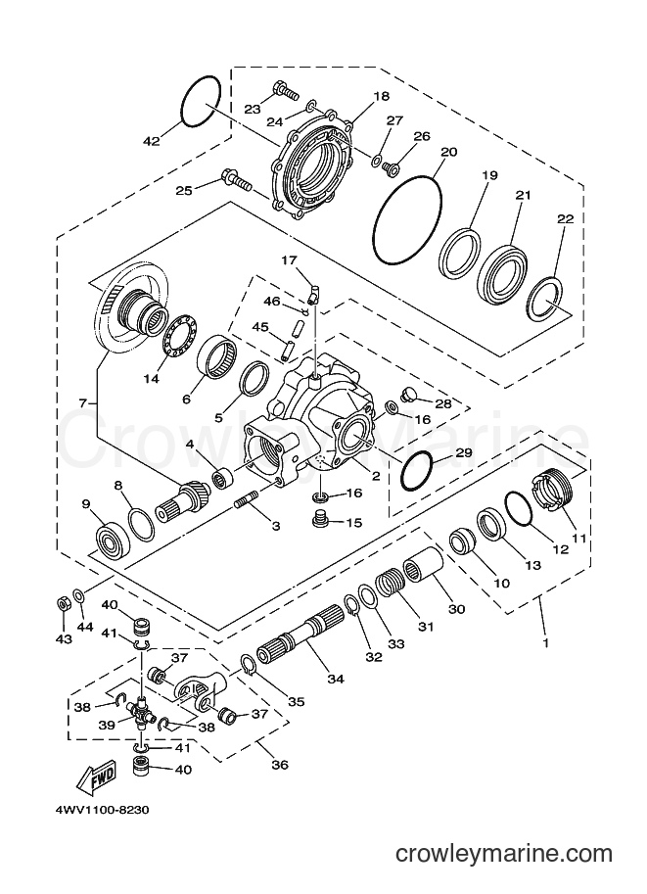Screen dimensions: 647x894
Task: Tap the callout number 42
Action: click(151, 141)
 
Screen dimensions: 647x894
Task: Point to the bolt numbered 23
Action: click(286, 91)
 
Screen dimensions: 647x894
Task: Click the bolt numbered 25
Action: click(238, 182)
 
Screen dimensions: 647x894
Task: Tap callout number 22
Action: click(565, 219)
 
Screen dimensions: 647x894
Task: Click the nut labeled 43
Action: click(64, 604)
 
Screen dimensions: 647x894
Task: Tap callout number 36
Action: click(280, 765)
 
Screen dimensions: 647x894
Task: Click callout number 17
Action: click(289, 260)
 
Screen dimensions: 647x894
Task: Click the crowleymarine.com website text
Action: click(504, 854)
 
